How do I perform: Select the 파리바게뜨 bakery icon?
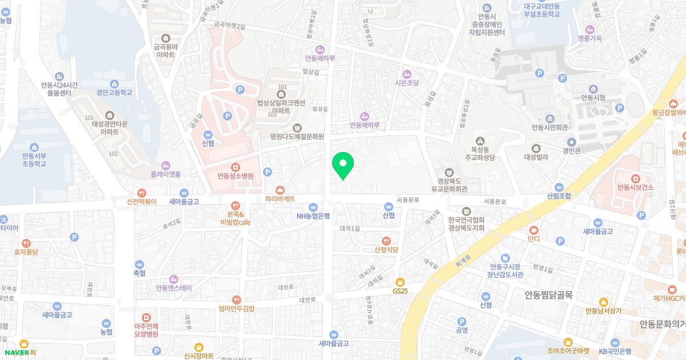point(280,190)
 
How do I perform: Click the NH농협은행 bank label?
point(313,216)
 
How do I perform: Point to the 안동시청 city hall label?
point(593,98)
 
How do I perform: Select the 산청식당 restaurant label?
point(386,249)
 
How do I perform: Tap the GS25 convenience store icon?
point(400,282)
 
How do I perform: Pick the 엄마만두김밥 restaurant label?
point(236,309)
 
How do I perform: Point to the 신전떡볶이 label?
point(142,202)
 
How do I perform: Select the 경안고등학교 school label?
point(114,92)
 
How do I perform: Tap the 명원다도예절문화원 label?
point(297,137)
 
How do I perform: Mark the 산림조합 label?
point(559,195)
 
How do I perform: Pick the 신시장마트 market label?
point(198,355)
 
